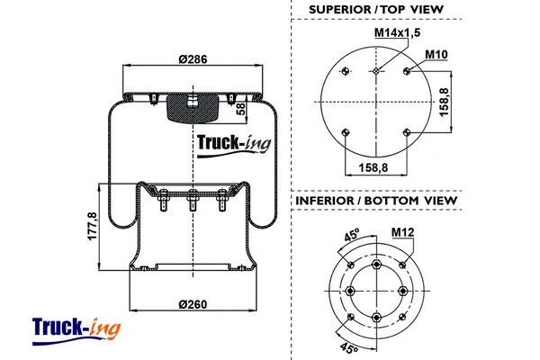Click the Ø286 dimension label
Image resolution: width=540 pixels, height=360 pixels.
coord(193,58)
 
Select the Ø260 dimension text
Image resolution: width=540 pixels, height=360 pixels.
coord(193,302)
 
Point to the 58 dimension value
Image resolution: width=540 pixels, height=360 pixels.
coord(240,109)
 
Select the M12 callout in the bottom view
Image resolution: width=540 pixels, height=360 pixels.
coord(402,232)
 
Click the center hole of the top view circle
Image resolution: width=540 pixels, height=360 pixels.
coord(377,69)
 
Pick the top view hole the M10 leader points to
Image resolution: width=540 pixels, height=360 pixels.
coord(409,70)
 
